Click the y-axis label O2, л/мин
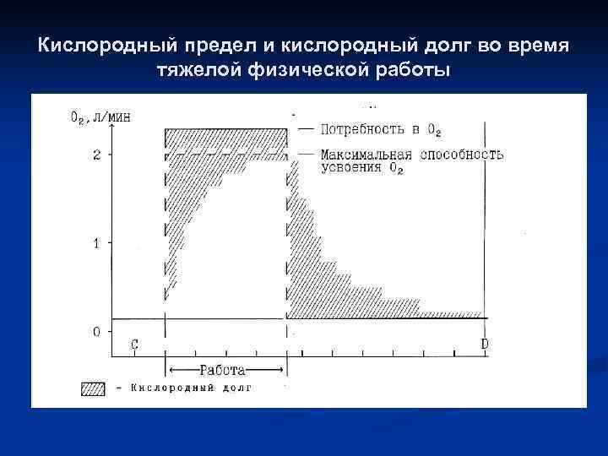tap(100, 117)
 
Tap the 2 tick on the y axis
tap(97, 155)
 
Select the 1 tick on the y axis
tap(97, 243)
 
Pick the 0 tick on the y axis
tap(97, 332)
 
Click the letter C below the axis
tap(134, 345)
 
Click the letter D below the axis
tap(484, 345)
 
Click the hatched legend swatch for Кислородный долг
tap(92, 388)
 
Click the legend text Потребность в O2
tap(380, 130)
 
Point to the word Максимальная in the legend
tap(366, 155)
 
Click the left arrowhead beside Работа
tap(172, 370)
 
